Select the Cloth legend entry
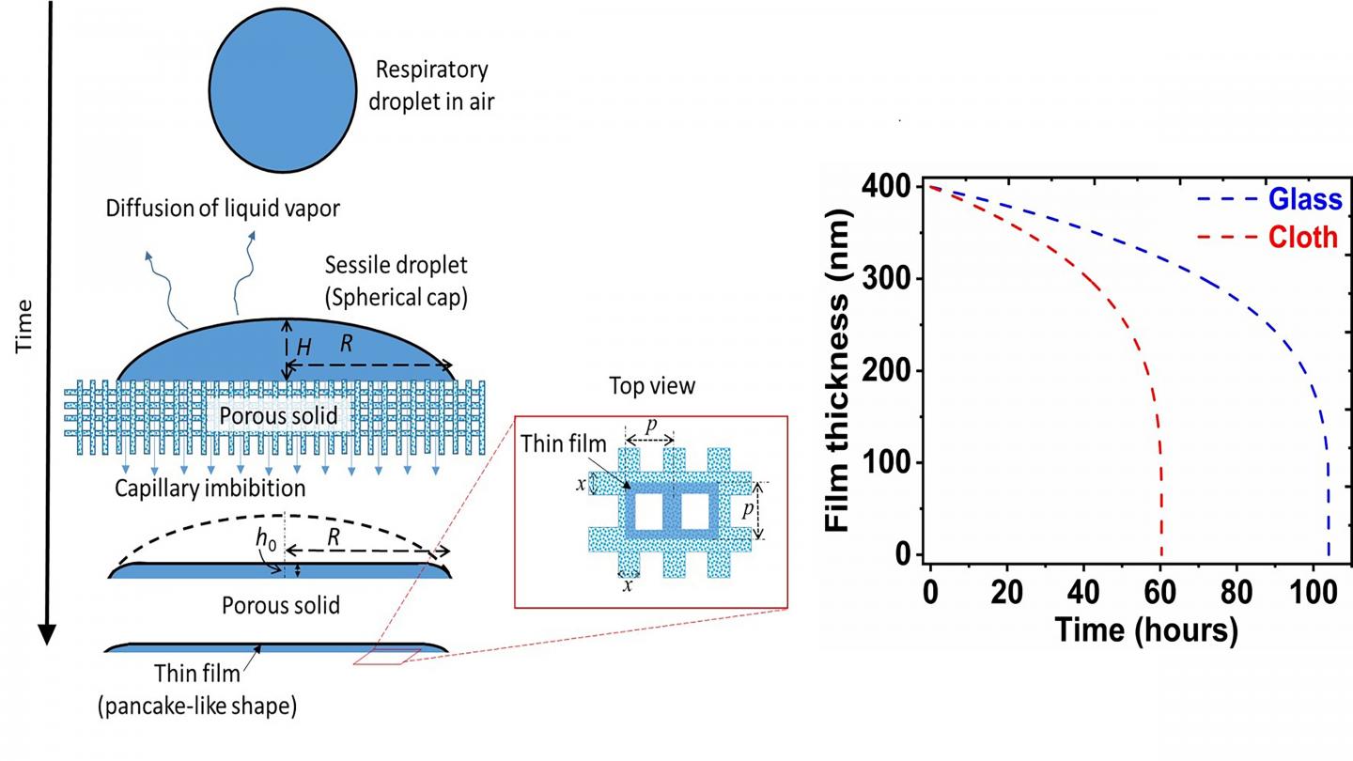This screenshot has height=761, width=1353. pos(1301,238)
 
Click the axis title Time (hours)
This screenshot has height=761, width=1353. pos(1145,629)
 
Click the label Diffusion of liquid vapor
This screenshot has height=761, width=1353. pos(222,209)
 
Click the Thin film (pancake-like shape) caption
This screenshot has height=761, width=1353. pos(197,690)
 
